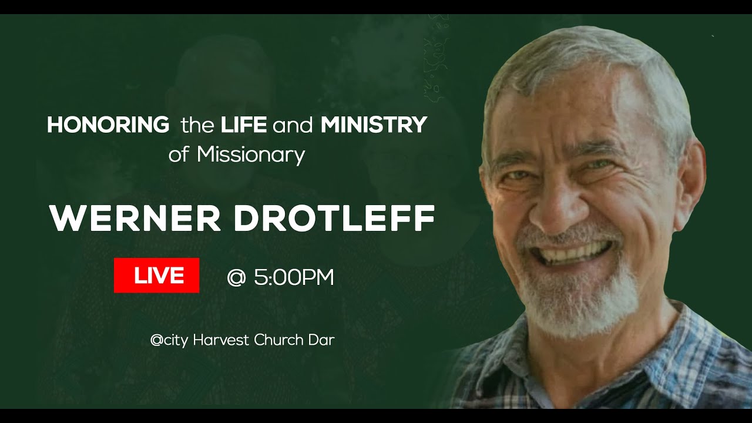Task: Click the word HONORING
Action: pos(108,125)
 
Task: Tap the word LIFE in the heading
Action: pos(244,125)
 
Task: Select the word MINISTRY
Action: pos(374,125)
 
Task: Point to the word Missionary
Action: pos(251,155)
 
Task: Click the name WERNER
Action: pos(135,218)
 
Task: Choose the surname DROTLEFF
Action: pos(334,218)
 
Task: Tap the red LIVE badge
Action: pos(156,275)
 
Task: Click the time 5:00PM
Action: pos(294,277)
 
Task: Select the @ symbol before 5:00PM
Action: pos(236,277)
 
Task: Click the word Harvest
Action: pos(220,340)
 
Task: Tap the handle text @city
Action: pos(170,340)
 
